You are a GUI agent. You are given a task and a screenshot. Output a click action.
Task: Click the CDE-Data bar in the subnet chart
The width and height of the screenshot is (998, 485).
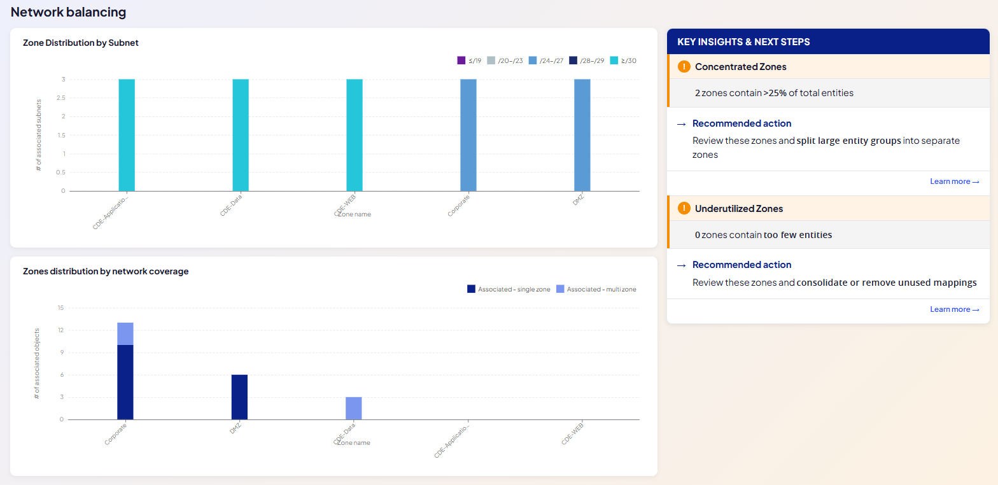click(241, 136)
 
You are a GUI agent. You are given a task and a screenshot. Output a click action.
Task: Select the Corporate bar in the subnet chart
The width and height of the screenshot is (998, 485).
click(468, 136)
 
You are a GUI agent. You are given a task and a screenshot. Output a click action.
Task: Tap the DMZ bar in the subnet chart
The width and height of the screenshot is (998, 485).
click(582, 136)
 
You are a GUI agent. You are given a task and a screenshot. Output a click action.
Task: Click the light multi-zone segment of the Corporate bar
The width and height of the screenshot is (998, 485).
click(125, 334)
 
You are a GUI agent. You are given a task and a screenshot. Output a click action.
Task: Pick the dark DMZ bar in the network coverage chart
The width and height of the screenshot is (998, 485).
click(239, 397)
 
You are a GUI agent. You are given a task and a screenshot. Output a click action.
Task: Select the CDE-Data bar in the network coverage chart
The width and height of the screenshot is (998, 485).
click(354, 408)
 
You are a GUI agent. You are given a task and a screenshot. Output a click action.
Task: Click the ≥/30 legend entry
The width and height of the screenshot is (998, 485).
click(623, 60)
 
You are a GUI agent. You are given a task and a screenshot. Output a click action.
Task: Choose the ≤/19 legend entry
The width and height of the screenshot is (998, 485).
click(469, 60)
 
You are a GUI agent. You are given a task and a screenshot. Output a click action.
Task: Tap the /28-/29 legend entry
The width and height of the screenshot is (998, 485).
click(586, 60)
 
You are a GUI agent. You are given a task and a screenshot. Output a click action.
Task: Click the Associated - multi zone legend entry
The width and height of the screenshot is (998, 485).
click(596, 289)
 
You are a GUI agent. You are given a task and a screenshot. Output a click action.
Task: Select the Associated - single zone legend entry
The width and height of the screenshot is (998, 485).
click(509, 289)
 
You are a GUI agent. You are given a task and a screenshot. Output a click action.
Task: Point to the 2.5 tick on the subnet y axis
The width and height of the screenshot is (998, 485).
click(61, 98)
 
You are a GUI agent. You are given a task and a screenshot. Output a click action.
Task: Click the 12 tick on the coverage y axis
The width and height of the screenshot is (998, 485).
click(60, 330)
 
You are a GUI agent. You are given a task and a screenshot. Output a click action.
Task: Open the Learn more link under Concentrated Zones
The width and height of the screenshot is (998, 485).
click(954, 181)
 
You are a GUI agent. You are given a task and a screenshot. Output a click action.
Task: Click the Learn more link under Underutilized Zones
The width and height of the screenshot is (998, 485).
click(954, 309)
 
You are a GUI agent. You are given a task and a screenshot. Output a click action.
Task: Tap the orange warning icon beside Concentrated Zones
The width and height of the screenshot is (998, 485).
click(684, 66)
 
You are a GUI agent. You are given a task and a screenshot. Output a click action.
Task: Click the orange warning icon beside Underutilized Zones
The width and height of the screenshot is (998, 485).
click(684, 208)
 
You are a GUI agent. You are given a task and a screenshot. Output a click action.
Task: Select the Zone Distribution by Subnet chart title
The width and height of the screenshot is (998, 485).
click(81, 43)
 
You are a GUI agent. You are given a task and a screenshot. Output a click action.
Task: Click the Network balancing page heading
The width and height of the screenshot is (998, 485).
click(68, 12)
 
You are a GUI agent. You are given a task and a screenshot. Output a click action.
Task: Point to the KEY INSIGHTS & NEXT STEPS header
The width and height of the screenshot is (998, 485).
click(743, 42)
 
